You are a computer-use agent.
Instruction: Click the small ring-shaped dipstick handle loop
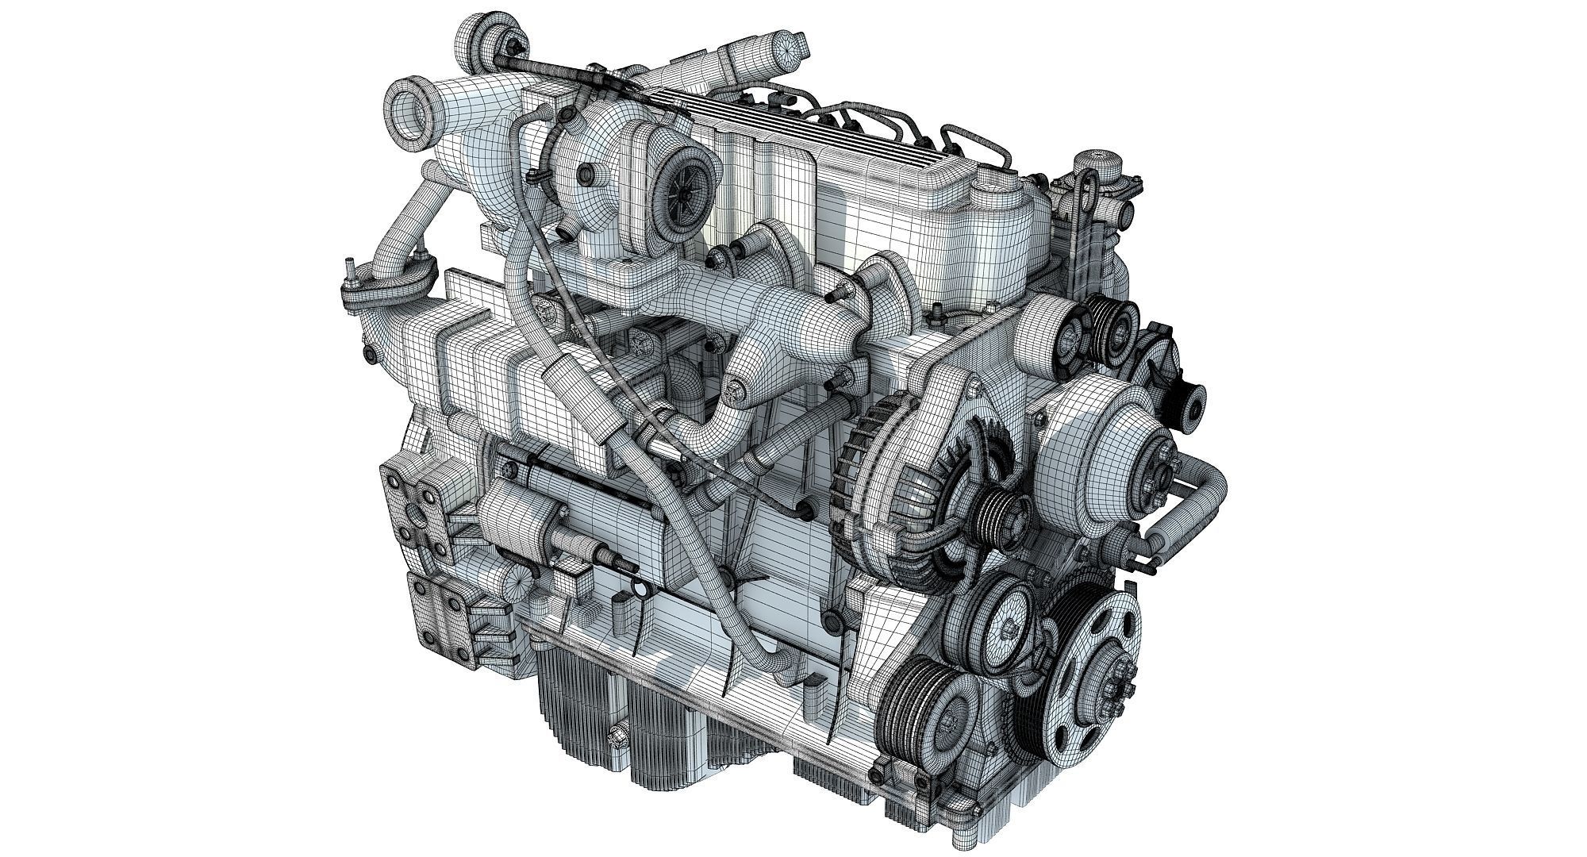tap(637, 588)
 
